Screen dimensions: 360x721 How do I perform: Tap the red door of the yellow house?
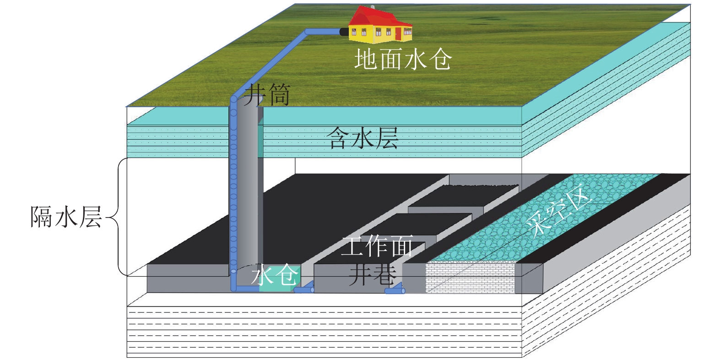click(398, 33)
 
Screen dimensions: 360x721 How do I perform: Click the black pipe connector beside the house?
click(343, 32)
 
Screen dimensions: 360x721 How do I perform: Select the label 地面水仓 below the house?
click(403, 60)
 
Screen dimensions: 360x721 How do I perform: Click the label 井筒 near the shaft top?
click(267, 95)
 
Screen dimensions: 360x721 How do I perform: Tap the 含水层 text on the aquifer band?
click(363, 138)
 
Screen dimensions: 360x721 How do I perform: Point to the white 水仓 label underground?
click(275, 275)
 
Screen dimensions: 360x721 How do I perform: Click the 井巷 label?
click(372, 275)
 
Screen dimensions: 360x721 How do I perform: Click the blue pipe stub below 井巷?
click(395, 290)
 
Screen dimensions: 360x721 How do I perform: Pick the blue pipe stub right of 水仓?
click(304, 289)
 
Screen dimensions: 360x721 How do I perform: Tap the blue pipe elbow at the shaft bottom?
click(234, 287)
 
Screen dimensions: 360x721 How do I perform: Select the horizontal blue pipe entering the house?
click(323, 32)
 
